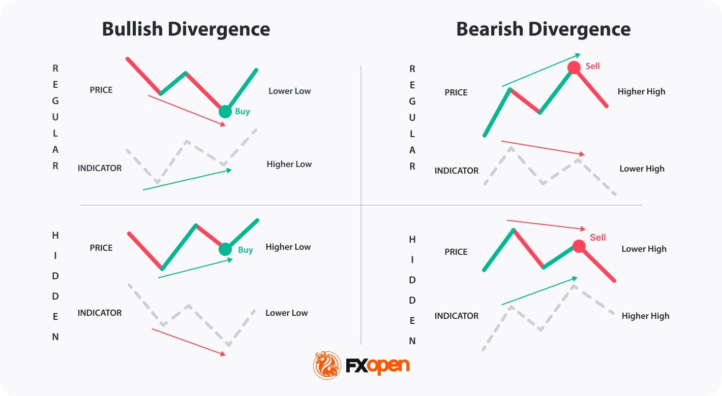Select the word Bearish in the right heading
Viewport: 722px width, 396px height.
point(490,29)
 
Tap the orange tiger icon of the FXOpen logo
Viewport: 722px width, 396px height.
point(327,365)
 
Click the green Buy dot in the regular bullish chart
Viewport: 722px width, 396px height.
point(225,111)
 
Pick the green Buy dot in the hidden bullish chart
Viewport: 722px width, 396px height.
point(225,249)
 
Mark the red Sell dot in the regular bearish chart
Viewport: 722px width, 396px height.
point(574,68)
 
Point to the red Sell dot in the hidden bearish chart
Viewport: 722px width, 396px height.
point(579,246)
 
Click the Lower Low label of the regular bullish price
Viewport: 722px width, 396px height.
point(289,91)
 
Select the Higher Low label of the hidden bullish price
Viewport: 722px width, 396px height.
point(288,247)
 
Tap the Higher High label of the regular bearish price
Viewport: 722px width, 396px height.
point(641,91)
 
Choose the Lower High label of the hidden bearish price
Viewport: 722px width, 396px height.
point(644,249)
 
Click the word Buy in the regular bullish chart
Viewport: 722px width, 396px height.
point(243,111)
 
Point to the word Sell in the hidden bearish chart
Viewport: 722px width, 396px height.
point(598,237)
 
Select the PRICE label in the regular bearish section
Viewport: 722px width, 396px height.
point(456,92)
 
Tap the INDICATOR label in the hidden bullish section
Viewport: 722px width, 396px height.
point(100,313)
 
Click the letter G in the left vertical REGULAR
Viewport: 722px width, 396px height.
point(55,101)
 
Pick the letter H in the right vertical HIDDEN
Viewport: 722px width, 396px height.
point(412,239)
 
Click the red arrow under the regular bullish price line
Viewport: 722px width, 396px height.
point(187,110)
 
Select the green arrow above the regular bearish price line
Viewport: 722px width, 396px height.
point(540,70)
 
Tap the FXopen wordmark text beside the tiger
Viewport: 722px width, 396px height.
point(378,366)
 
